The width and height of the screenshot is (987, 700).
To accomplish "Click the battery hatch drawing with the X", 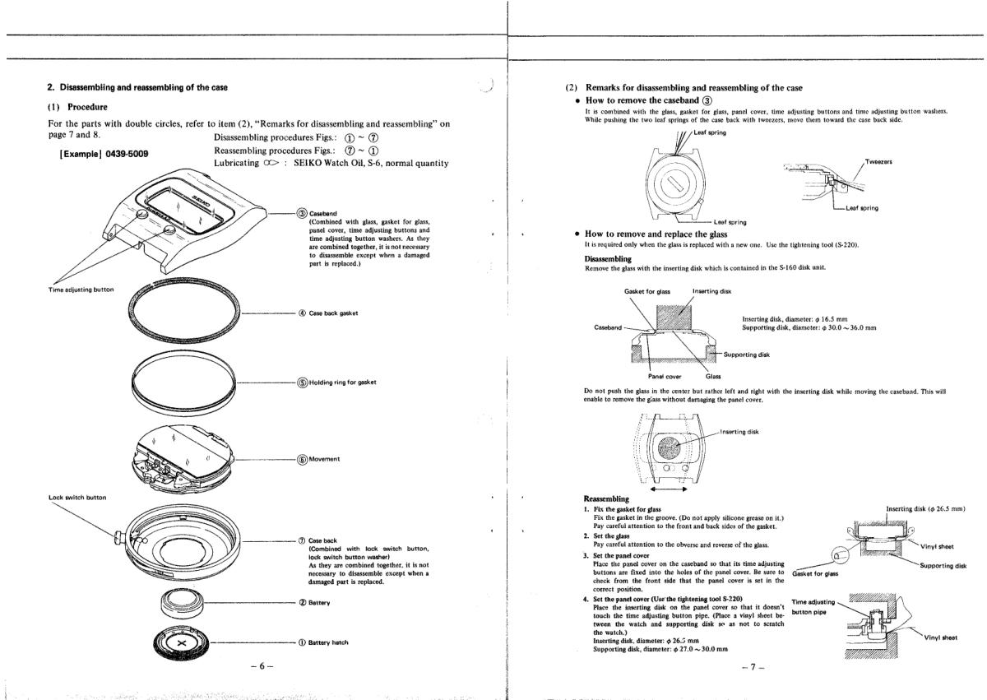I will (182, 642).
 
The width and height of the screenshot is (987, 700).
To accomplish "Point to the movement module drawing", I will (183, 458).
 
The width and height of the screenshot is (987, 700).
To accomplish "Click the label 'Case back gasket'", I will (335, 313).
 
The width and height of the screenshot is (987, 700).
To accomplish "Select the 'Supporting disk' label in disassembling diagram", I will (749, 355).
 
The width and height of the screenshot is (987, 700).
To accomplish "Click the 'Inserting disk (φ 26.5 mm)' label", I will (926, 508).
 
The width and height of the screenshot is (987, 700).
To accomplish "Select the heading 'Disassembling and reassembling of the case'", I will (139, 88).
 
